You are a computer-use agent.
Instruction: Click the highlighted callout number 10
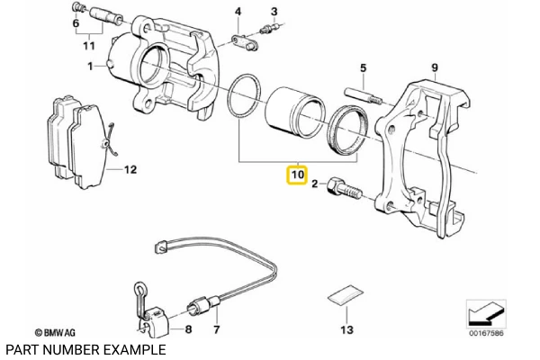[x=297, y=173]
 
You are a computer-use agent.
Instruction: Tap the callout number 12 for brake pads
[x=130, y=168]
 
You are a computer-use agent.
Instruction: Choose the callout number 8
[x=187, y=330]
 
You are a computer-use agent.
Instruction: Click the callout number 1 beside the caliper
[x=91, y=67]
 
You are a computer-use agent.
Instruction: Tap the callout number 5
[x=364, y=67]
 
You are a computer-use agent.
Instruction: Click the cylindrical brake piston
[x=293, y=115]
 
